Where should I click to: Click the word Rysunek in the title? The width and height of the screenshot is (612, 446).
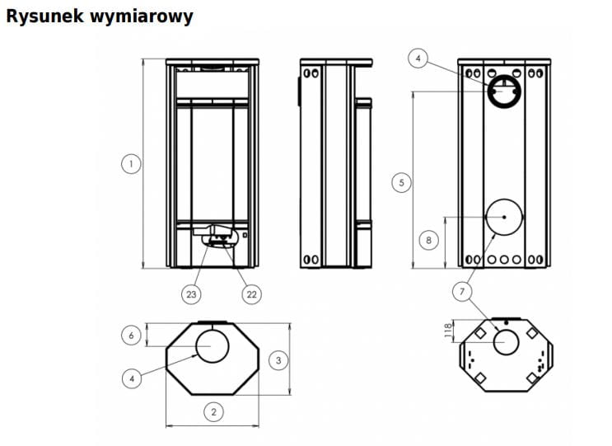44,16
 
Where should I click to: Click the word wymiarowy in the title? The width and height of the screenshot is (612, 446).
142,17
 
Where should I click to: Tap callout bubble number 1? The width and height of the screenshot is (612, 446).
131,163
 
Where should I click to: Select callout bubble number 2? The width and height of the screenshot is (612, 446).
213,411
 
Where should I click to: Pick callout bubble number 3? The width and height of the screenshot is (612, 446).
278,360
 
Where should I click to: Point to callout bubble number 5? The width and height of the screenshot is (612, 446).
402,183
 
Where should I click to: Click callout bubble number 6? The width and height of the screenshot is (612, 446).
131,335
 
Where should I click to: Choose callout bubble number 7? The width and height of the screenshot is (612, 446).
462,291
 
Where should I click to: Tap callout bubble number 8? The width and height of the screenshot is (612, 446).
428,240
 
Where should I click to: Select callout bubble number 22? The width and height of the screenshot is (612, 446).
252,294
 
